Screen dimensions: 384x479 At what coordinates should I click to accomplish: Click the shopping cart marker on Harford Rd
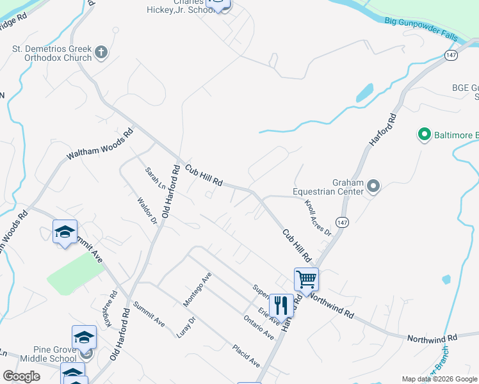click(x=306, y=279)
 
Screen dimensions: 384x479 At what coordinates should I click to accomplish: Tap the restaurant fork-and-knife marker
click(x=281, y=305)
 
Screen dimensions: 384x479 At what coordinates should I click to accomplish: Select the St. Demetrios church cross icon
click(x=101, y=52)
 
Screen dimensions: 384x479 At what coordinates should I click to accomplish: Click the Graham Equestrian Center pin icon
click(x=375, y=187)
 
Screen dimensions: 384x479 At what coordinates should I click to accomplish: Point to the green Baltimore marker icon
click(x=423, y=135)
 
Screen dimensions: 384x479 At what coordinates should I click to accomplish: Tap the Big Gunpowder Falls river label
click(x=422, y=29)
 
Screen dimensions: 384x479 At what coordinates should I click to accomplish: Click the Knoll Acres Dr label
click(x=318, y=216)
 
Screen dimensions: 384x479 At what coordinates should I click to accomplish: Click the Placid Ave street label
click(x=246, y=356)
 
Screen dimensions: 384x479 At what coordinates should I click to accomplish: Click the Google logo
click(x=21, y=376)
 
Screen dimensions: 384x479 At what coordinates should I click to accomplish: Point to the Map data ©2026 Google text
click(x=439, y=379)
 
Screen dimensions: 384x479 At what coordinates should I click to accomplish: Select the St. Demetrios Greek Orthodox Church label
click(x=53, y=53)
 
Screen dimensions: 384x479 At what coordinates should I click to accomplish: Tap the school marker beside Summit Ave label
click(x=65, y=232)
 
